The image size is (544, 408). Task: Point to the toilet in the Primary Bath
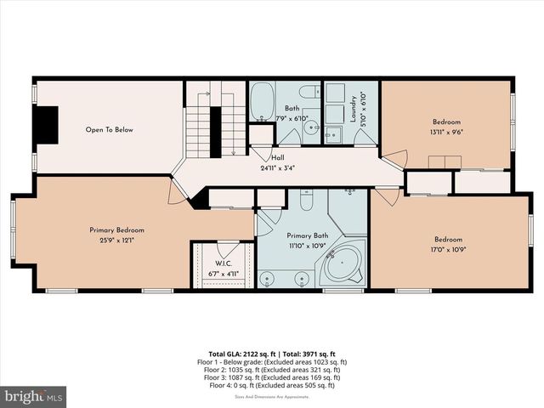click(x=308, y=200)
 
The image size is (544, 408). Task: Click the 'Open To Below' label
click(x=109, y=130)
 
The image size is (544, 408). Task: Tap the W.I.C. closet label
click(x=222, y=263)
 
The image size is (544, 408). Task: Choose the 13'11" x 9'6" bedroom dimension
click(x=445, y=132)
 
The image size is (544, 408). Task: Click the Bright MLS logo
click(x=34, y=396)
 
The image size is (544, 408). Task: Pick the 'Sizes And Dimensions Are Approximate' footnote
click(x=272, y=397)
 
